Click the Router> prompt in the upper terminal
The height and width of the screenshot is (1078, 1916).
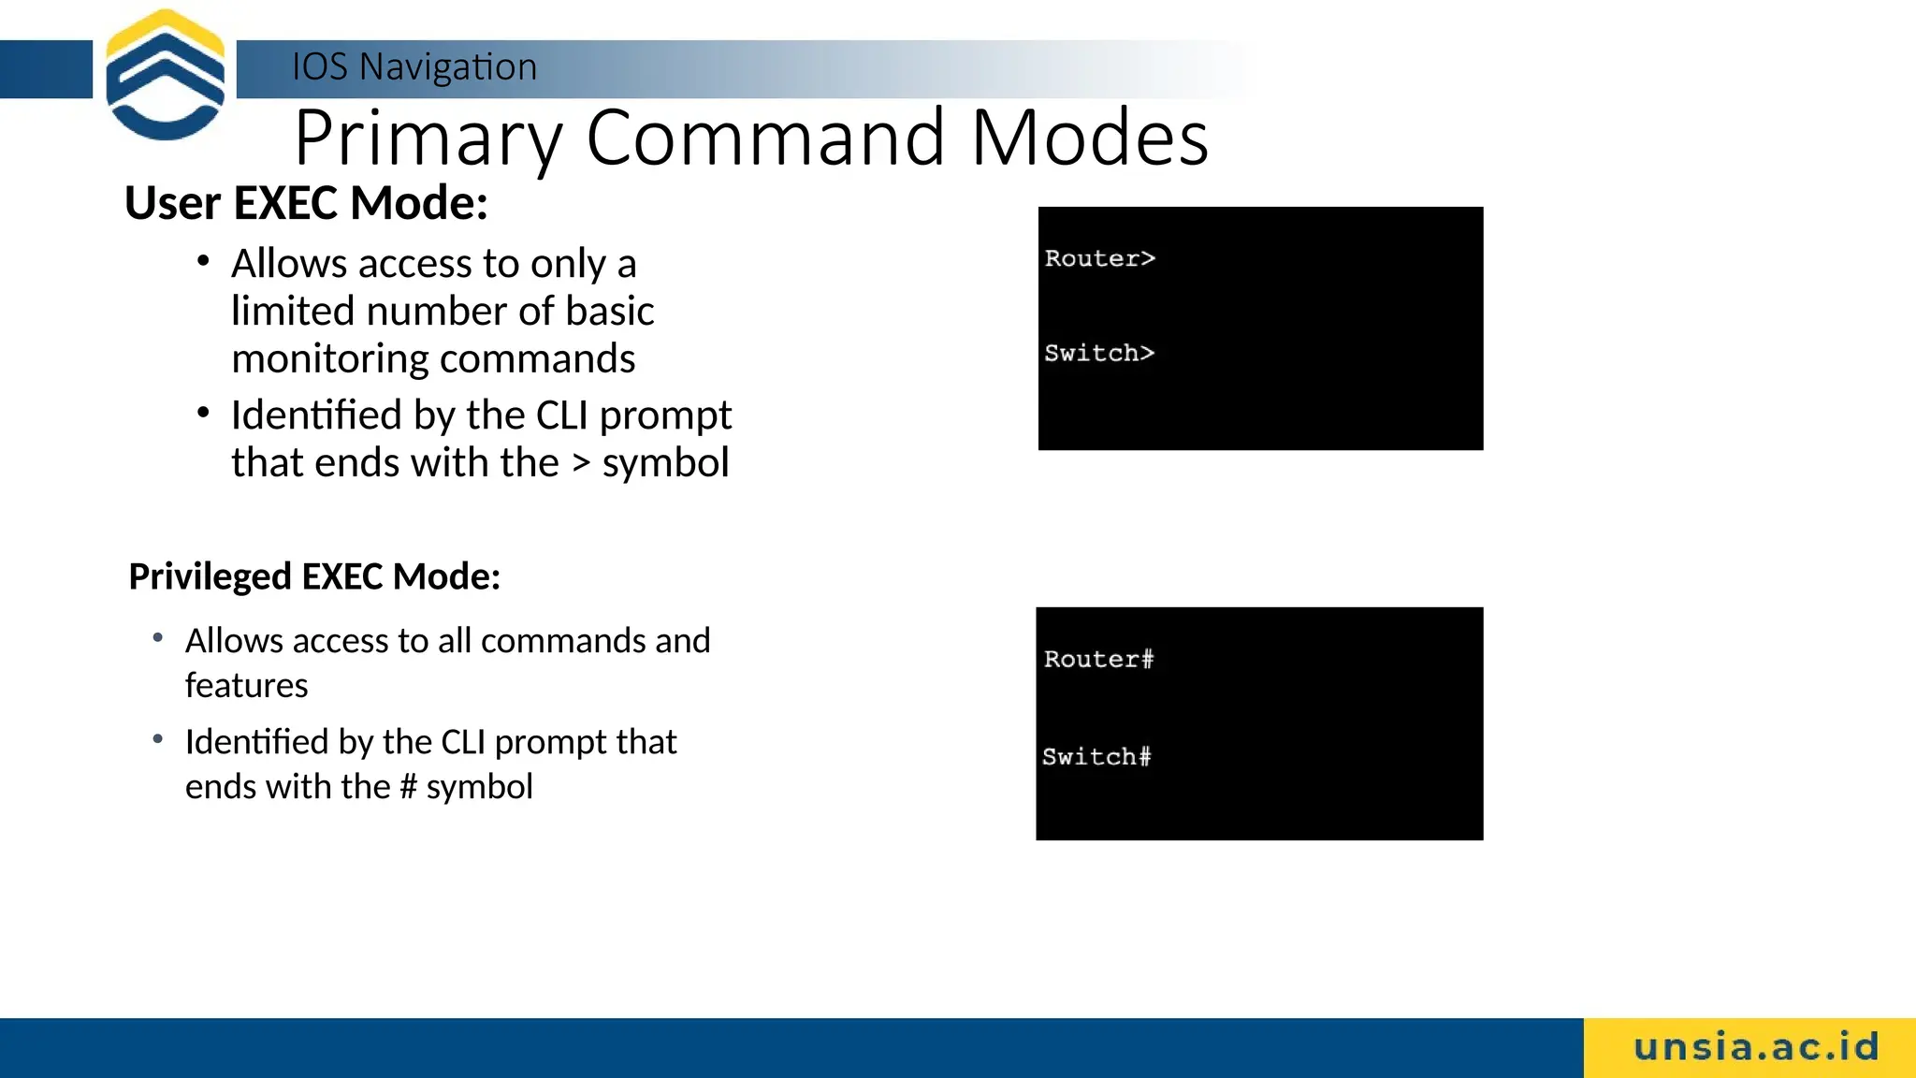[1100, 258]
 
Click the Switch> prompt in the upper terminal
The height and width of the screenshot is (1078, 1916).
[1099, 353]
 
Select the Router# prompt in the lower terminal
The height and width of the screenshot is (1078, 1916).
[1098, 659]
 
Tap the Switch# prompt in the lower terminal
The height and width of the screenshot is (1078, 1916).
[1096, 756]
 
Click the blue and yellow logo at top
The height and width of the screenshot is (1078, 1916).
[166, 75]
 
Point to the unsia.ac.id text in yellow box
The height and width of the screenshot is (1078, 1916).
[1756, 1047]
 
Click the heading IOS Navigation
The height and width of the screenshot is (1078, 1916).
[414, 67]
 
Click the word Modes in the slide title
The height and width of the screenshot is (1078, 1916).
[1090, 138]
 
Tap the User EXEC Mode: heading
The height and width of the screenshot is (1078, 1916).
[306, 203]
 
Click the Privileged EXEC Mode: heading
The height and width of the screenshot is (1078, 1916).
[314, 576]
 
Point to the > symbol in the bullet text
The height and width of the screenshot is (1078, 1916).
[581, 464]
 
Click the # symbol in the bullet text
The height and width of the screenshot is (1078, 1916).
[408, 787]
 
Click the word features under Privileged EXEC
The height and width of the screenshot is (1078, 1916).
[246, 686]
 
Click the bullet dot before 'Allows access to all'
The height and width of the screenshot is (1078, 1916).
[158, 638]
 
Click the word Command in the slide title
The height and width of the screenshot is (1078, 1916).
[765, 138]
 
